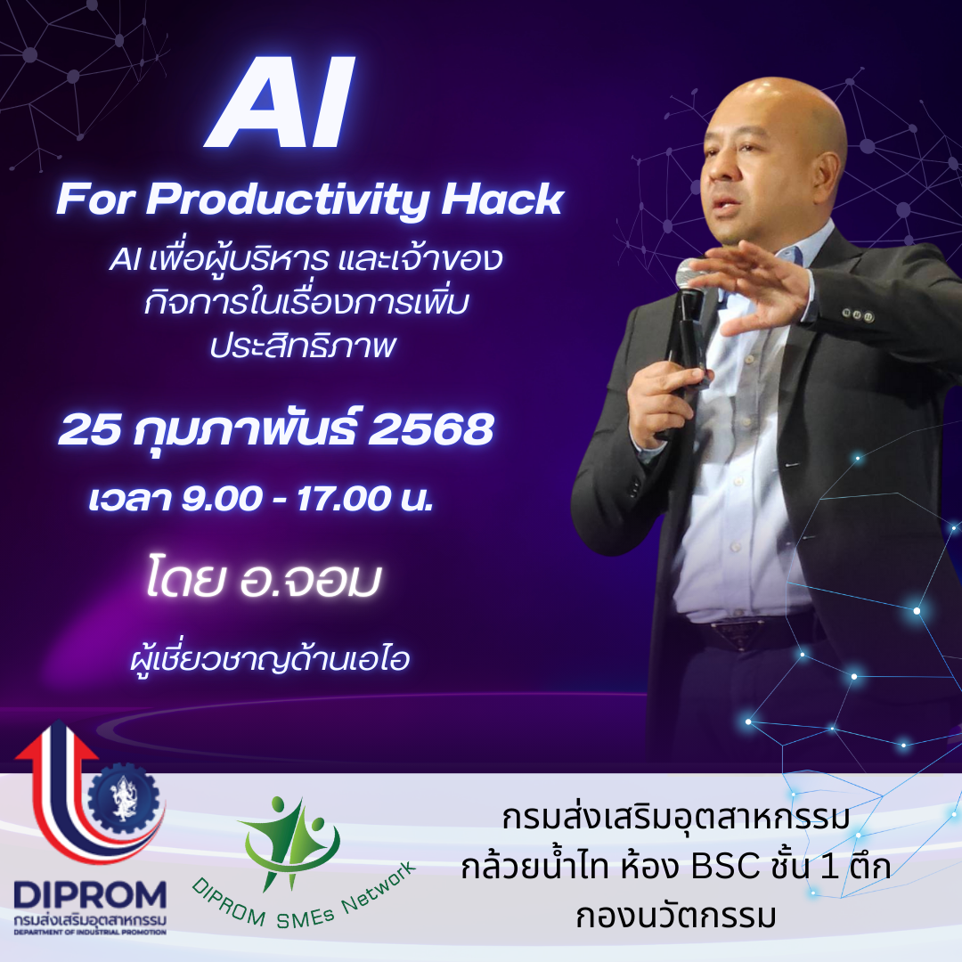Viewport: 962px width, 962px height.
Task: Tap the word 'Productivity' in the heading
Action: click(287, 201)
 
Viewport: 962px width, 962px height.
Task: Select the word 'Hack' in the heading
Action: click(501, 200)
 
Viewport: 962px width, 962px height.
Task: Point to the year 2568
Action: click(431, 429)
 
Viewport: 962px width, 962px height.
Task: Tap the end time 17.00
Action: click(344, 498)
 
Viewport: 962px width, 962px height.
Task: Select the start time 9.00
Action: click(222, 498)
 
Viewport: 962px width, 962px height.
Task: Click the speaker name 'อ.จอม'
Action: click(311, 579)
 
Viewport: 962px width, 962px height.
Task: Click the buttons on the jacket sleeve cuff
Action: click(857, 315)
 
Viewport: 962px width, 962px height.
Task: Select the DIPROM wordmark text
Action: click(90, 896)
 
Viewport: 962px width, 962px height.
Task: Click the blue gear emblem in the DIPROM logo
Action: click(125, 797)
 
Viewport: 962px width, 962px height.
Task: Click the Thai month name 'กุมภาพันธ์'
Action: click(244, 429)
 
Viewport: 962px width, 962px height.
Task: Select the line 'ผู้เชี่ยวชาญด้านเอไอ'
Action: click(270, 659)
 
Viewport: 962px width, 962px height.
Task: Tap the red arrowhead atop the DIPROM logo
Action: click(56, 740)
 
